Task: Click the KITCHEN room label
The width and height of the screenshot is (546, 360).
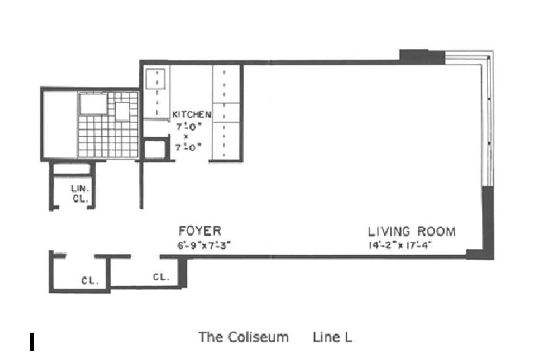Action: pyautogui.click(x=191, y=115)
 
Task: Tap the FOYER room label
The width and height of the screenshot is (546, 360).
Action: pyautogui.click(x=200, y=231)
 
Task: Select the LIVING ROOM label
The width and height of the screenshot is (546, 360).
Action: pyautogui.click(x=412, y=232)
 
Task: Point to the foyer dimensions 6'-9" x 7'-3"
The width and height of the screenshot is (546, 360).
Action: pyautogui.click(x=204, y=244)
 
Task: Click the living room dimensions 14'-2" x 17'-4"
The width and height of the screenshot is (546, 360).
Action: pyautogui.click(x=399, y=244)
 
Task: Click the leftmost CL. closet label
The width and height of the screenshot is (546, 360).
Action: pyautogui.click(x=90, y=281)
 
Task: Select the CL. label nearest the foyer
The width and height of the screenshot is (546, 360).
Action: pyautogui.click(x=161, y=277)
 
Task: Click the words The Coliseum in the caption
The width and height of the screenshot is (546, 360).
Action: pyautogui.click(x=243, y=337)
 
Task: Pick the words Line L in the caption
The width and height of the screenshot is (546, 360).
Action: pyautogui.click(x=332, y=337)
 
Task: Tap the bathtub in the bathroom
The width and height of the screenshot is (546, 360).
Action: pyautogui.click(x=93, y=104)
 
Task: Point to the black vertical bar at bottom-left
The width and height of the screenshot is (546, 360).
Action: pyautogui.click(x=33, y=343)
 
